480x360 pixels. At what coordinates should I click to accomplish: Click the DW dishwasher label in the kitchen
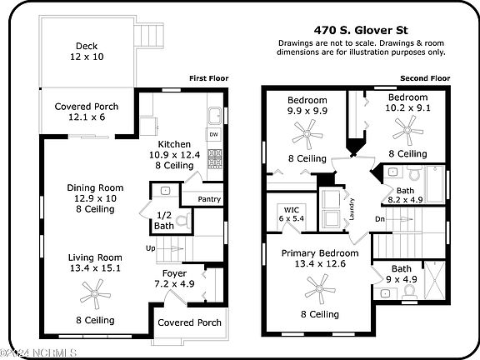(x=214, y=134)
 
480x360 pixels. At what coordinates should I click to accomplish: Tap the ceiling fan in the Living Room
(x=95, y=294)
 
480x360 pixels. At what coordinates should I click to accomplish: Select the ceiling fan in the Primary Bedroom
(x=320, y=289)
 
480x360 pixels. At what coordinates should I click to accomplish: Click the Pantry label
(x=209, y=199)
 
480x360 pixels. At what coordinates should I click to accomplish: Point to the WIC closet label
(x=292, y=210)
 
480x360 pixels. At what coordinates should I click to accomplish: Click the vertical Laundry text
(x=352, y=209)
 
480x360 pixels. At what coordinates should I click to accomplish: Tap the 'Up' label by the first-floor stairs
(x=151, y=248)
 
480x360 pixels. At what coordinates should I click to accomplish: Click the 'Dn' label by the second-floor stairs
(x=380, y=219)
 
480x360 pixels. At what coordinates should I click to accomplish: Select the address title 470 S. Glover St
(x=361, y=30)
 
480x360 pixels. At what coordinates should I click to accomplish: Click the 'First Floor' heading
(x=209, y=78)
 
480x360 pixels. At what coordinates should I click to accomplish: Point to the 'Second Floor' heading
(x=425, y=78)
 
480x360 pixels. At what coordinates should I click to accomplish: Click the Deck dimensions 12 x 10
(x=87, y=57)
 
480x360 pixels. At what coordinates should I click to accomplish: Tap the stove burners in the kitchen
(x=215, y=158)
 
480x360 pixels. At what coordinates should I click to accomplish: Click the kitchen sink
(x=215, y=115)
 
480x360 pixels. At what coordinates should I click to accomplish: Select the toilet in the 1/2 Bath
(x=184, y=221)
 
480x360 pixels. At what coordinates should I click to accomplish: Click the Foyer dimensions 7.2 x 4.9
(x=174, y=284)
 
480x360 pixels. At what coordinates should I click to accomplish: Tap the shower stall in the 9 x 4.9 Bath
(x=435, y=279)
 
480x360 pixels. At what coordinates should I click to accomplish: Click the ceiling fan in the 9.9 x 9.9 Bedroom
(x=307, y=134)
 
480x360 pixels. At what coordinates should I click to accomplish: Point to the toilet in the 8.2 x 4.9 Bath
(x=415, y=173)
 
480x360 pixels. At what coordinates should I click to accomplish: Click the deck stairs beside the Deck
(x=149, y=36)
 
